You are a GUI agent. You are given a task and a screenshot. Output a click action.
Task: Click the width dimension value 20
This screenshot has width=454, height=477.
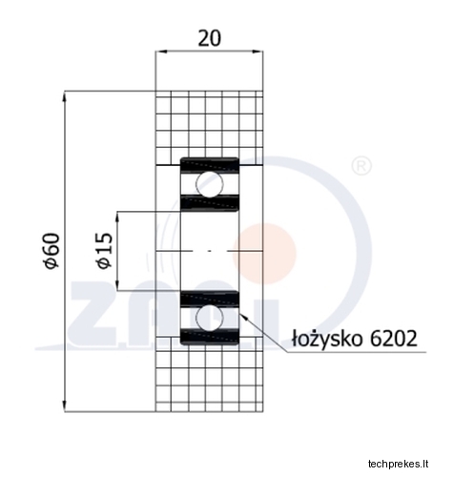coord(209,38)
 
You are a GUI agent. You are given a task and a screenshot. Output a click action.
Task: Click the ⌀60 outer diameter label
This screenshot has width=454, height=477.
coord(52,251)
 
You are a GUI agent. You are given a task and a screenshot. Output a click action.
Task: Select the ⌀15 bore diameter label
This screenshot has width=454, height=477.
coord(105,251)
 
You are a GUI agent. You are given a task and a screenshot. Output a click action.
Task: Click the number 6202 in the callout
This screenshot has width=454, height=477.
coord(394,339)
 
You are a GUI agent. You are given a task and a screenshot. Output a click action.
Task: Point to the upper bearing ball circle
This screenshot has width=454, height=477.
coord(210,184)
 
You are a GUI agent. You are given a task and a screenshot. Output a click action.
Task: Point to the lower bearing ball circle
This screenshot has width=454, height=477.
coord(210,318)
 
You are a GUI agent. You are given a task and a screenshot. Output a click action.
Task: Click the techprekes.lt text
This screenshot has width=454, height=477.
coord(399,464)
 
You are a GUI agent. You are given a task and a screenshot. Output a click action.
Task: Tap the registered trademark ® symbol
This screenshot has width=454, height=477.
coord(361,166)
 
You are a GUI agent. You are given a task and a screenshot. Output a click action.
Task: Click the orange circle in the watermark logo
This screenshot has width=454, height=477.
coord(264,254)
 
